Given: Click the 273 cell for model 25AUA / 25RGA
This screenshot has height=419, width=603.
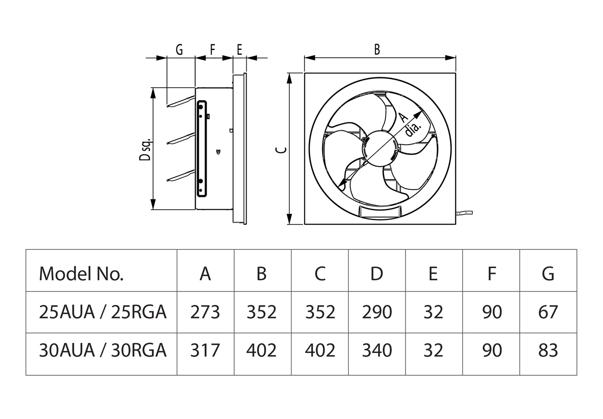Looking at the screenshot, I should click(205, 312).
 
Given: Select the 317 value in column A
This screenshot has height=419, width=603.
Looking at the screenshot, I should click(205, 350).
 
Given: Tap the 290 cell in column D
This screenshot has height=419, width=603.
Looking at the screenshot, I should click(376, 312).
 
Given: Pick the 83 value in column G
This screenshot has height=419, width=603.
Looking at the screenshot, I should click(547, 350).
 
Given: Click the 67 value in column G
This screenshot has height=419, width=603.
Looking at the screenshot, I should click(547, 312).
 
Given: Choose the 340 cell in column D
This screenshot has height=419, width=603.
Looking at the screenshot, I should click(376, 350).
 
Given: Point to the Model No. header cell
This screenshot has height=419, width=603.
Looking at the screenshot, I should click(81, 274).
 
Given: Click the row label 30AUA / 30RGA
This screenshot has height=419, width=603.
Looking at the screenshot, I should click(103, 350).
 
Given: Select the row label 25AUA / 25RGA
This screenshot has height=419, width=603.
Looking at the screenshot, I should click(103, 312).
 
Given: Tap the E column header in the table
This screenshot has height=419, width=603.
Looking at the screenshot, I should click(433, 274).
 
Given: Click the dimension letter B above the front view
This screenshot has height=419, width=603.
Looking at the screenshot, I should click(377, 49).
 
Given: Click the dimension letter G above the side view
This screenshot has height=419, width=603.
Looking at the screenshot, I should click(179, 50).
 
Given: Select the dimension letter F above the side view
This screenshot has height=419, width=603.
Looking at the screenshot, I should click(212, 50).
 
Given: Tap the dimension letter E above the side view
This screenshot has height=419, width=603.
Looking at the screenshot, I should click(240, 50).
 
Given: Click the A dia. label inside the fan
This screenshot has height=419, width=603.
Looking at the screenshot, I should click(409, 124).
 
